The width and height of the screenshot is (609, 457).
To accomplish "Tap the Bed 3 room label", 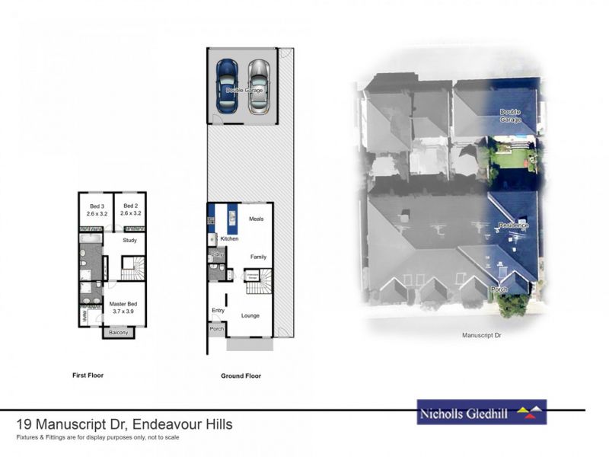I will (x=95, y=209).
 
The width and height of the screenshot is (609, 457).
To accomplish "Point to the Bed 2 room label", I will (x=130, y=209).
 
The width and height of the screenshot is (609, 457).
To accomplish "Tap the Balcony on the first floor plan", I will (x=118, y=332).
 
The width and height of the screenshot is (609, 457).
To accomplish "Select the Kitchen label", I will (x=230, y=239).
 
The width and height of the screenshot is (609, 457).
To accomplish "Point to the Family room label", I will (x=258, y=257).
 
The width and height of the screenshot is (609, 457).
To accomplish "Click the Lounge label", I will (x=251, y=315).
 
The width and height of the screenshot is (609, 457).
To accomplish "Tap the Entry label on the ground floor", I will (x=217, y=310).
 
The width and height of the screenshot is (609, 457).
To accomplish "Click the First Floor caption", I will (x=88, y=376).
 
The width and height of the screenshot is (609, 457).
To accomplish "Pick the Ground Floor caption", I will (x=241, y=376).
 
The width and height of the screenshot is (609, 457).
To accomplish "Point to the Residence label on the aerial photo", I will (x=513, y=225).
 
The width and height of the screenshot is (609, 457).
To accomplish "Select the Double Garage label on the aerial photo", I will (x=511, y=116).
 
